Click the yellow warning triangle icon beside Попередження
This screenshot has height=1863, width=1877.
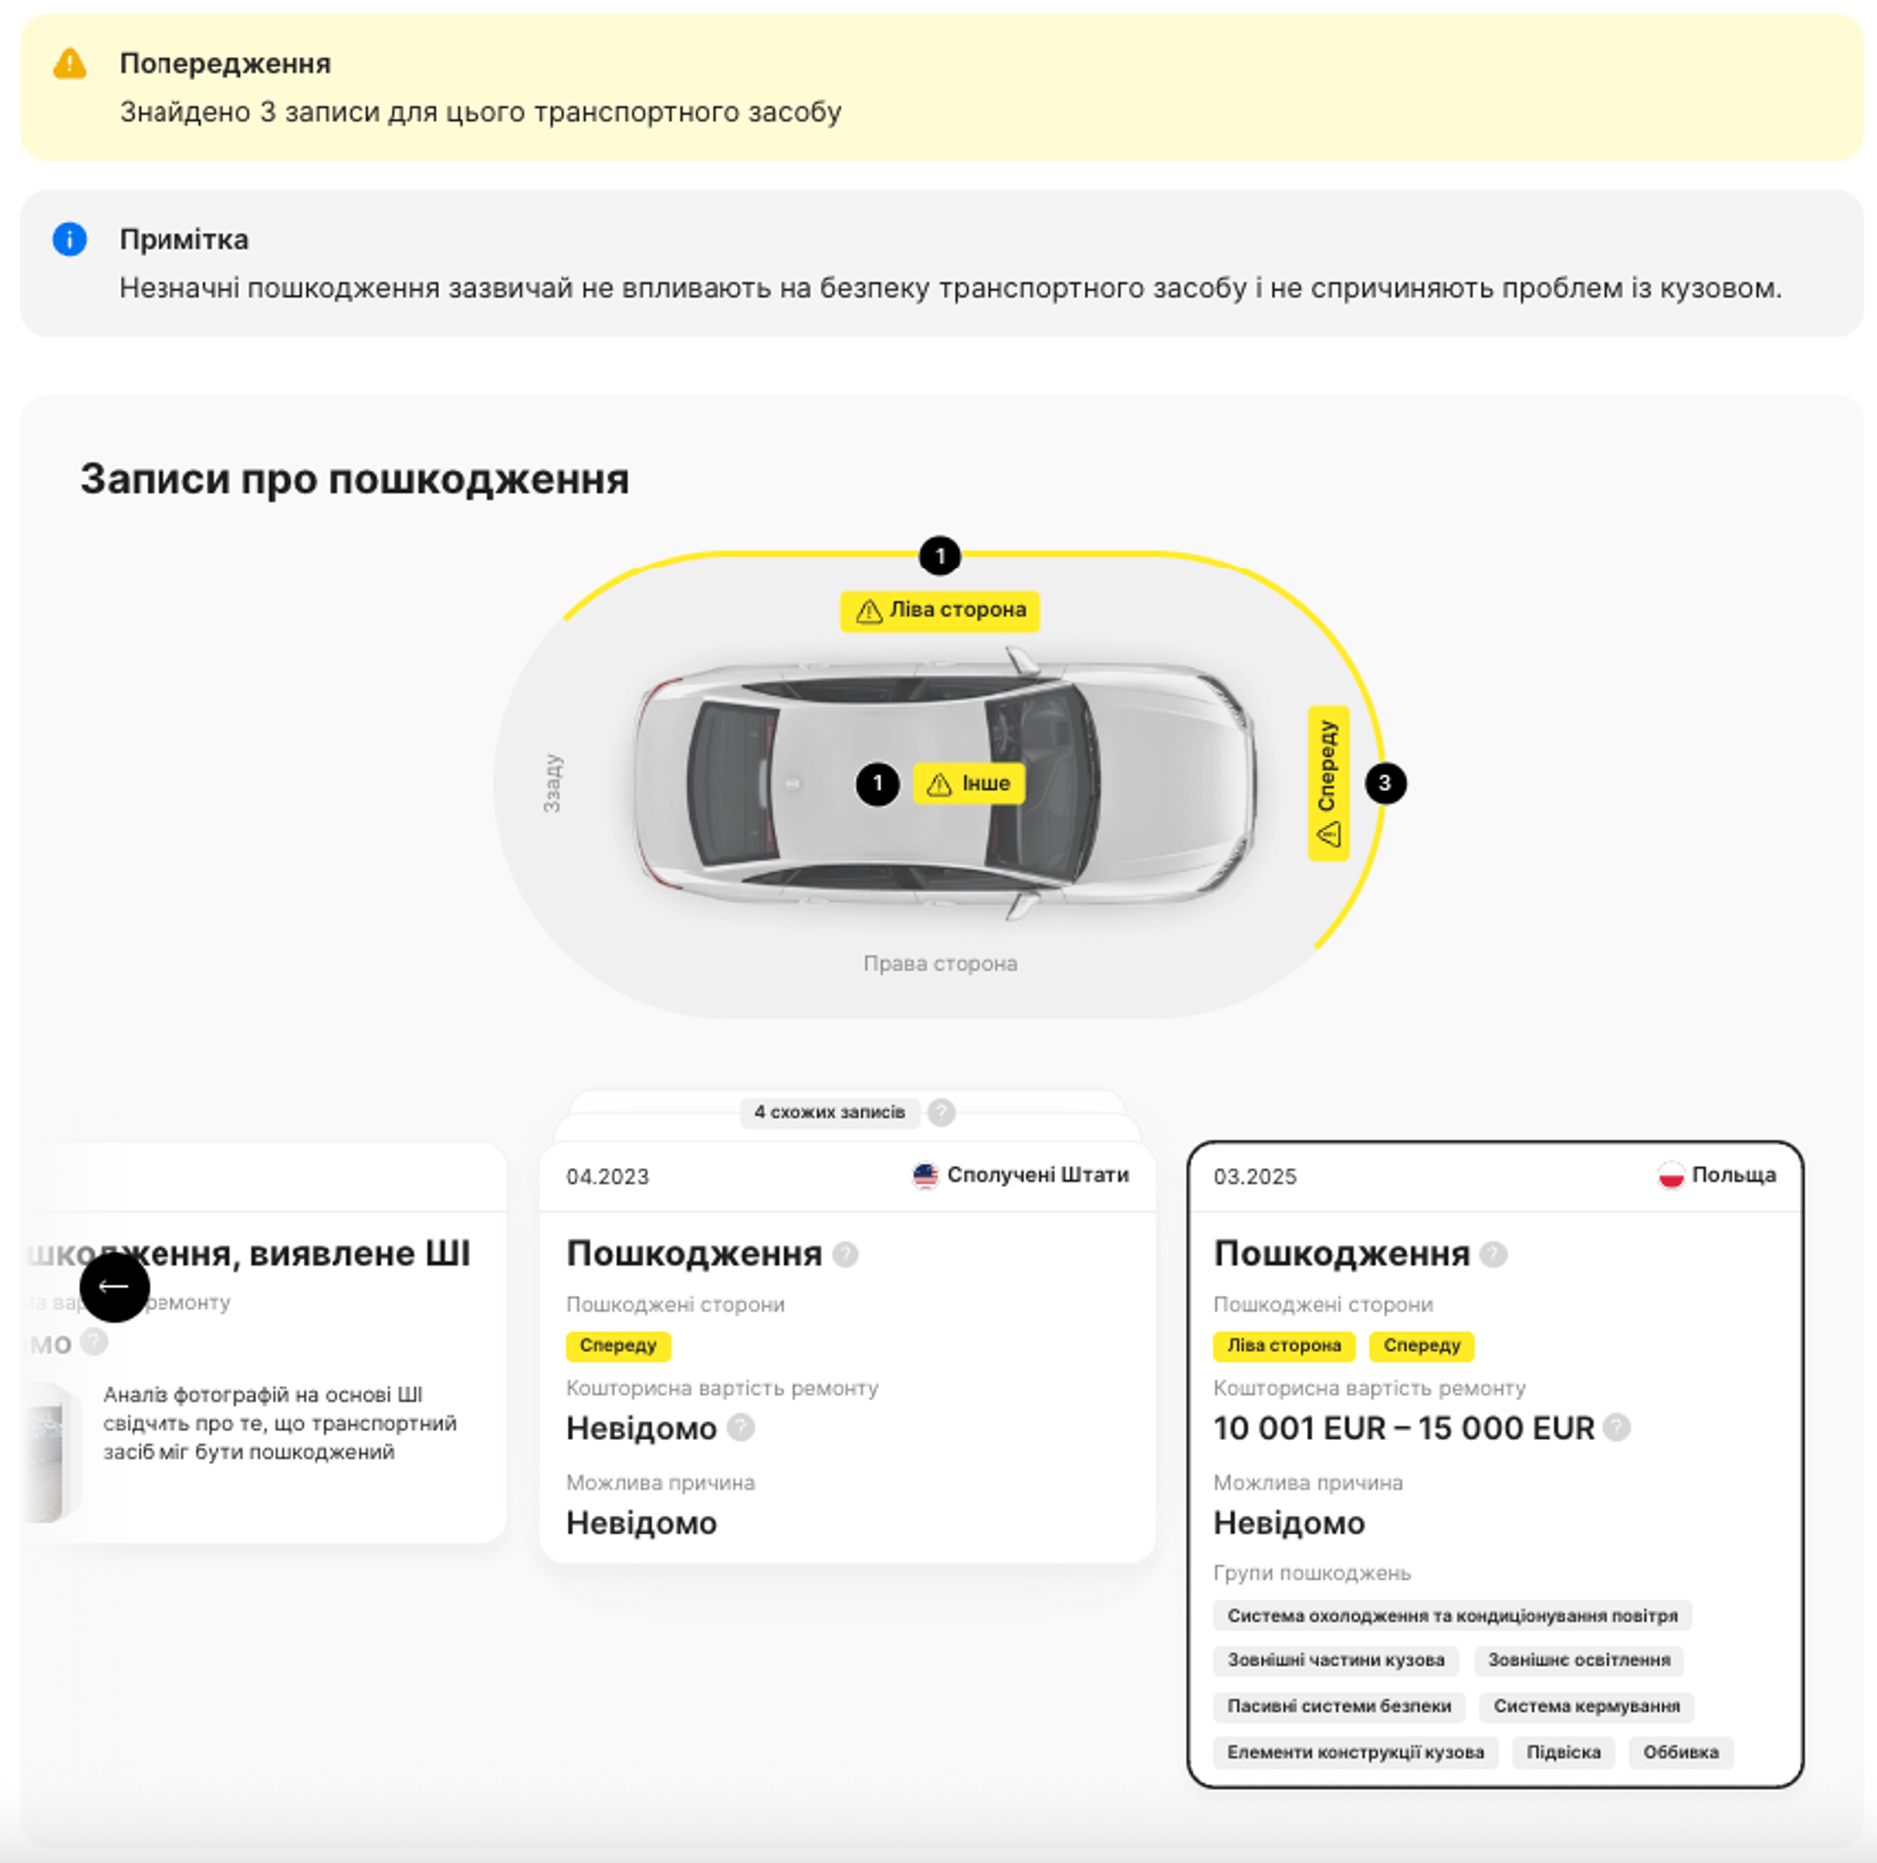(x=69, y=64)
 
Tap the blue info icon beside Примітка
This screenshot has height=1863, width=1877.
(x=69, y=239)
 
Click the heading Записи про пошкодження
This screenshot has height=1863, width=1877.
(x=354, y=479)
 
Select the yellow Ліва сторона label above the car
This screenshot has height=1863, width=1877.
(x=939, y=611)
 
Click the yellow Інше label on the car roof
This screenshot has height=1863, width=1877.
(x=969, y=784)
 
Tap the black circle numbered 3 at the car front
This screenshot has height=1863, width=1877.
(x=1384, y=783)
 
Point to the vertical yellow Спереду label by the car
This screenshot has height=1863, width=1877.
(x=1328, y=783)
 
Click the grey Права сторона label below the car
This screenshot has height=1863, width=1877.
(x=939, y=964)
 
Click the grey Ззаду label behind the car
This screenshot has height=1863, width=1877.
(x=552, y=783)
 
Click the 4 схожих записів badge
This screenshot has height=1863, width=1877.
(x=829, y=1112)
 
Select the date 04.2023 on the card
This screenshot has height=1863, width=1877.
(x=607, y=1177)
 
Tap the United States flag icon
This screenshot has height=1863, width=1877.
(x=925, y=1175)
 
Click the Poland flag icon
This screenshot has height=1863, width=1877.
(x=1671, y=1175)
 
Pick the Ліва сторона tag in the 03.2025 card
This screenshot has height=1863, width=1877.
(x=1284, y=1346)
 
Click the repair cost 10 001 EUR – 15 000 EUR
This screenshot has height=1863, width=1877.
(x=1403, y=1429)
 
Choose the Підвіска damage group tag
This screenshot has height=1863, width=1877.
(x=1563, y=1753)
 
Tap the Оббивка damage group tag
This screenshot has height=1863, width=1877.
(x=1681, y=1753)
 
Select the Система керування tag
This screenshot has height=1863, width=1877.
(x=1586, y=1707)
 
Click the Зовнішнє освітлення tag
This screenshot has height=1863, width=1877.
(x=1578, y=1661)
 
